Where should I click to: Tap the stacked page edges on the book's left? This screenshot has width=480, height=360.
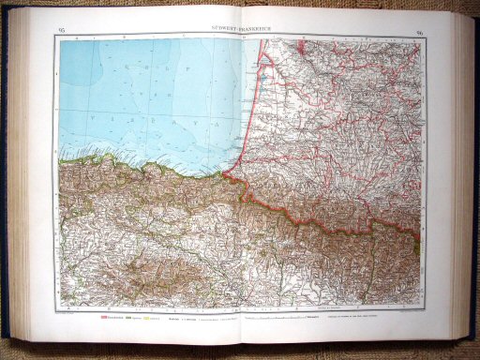tap(22, 178)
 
